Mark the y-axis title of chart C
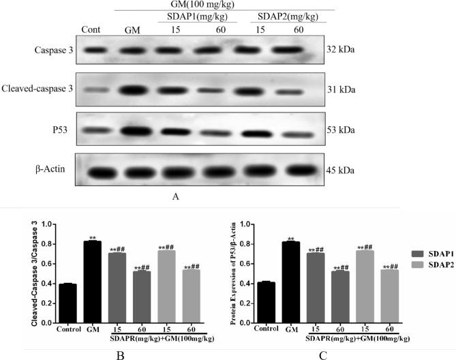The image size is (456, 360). click(234, 273)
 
